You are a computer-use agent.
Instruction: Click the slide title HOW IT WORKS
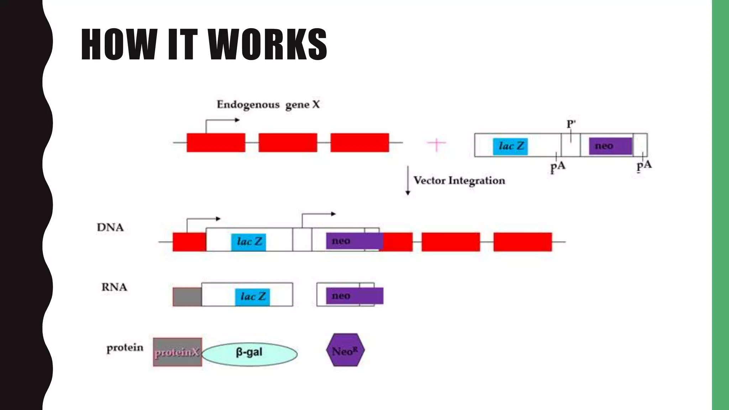204,44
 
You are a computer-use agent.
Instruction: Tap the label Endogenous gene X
268,105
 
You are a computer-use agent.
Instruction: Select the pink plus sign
436,144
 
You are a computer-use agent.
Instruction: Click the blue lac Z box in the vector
510,146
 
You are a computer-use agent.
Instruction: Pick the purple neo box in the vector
610,146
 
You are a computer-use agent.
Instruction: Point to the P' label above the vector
571,124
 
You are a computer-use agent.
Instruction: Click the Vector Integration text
459,181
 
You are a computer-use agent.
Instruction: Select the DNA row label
110,228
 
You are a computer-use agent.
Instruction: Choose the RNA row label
114,287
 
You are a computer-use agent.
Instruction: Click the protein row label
125,348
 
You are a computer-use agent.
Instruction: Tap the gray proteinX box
177,352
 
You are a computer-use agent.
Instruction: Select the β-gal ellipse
249,354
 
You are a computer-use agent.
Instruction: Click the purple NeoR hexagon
345,350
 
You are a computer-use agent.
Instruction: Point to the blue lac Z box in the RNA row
252,297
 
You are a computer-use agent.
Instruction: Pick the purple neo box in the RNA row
354,296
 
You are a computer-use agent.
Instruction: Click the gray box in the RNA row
187,297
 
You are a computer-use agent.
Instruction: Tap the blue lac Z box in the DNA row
248,242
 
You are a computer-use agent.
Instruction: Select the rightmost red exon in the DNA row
522,242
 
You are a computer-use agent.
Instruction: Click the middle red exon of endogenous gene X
288,143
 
